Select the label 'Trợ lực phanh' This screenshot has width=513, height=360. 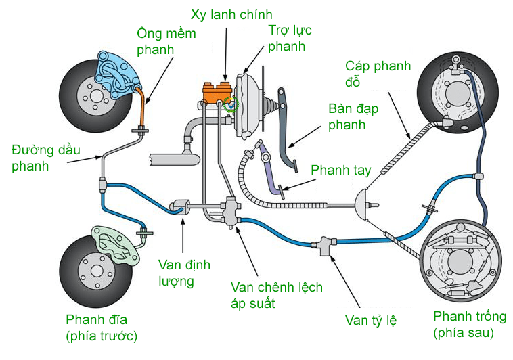(x=286, y=39)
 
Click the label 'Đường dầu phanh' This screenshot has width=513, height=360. (x=41, y=157)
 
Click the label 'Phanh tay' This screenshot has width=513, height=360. (x=340, y=170)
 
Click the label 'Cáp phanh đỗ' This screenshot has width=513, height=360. (x=374, y=74)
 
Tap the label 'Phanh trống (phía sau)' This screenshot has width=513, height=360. (x=464, y=324)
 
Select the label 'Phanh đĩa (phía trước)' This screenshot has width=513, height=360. (x=102, y=328)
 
